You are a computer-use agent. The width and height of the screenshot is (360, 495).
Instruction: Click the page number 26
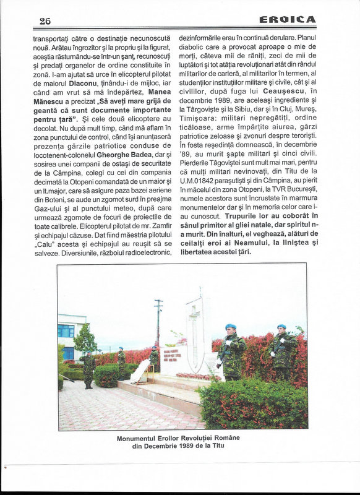[45, 20]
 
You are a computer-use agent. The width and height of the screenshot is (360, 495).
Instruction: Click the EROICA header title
[288, 20]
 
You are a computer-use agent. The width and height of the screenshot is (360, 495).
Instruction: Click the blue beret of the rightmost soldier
[282, 326]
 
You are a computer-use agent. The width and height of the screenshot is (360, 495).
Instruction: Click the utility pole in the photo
[158, 322]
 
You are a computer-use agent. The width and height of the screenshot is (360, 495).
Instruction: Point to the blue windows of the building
[66, 330]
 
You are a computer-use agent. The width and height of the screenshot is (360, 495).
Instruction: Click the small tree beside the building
[85, 340]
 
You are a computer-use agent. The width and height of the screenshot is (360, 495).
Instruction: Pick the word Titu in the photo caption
[224, 445]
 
